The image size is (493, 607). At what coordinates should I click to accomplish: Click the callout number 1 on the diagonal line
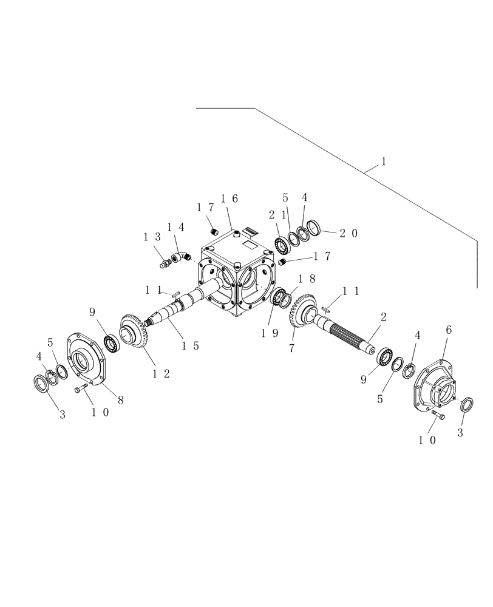click(x=383, y=162)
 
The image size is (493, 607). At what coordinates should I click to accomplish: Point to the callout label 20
click(x=349, y=233)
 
